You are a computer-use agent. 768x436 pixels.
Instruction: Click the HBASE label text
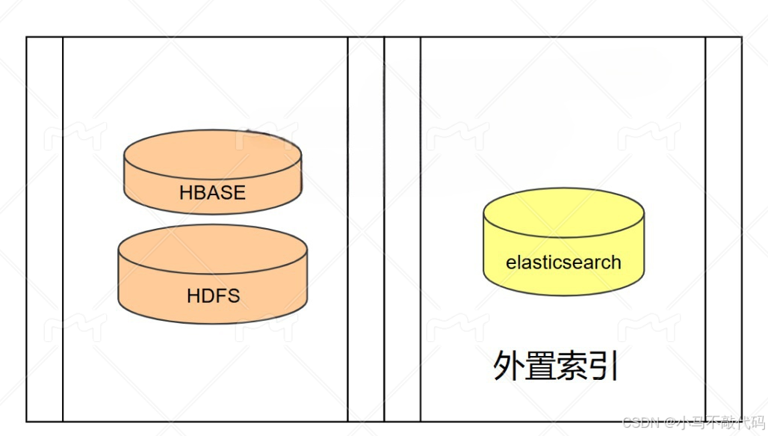tap(212, 192)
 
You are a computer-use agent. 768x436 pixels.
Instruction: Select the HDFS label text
tap(213, 295)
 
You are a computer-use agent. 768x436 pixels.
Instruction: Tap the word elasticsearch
tap(563, 262)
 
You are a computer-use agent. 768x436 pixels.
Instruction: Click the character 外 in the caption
tap(509, 366)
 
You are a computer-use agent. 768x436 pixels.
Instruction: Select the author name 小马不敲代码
tap(717, 423)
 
